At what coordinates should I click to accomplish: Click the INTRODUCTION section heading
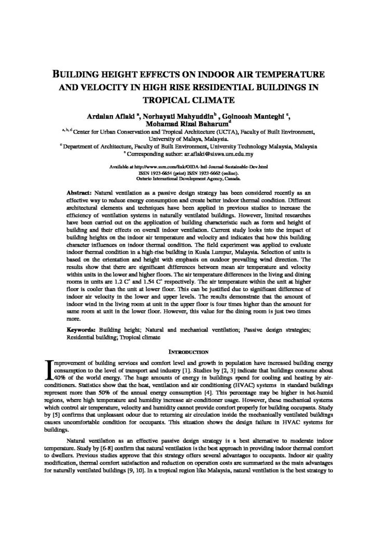[x=188, y=351]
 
